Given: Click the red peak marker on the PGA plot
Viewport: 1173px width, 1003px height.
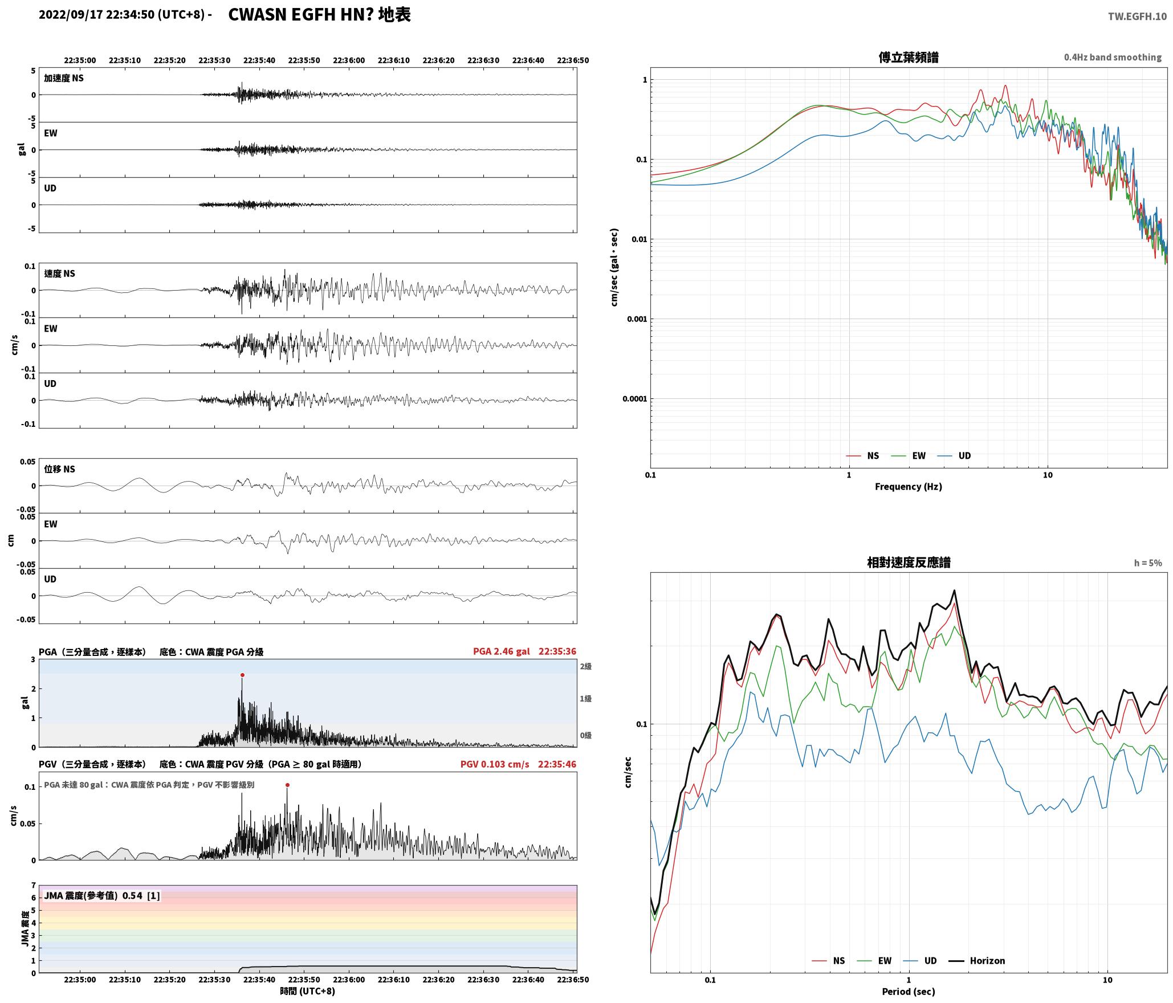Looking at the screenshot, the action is [242, 675].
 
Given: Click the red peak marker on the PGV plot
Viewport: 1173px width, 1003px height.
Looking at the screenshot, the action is [287, 785].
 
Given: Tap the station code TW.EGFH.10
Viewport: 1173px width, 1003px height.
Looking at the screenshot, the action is [1137, 17].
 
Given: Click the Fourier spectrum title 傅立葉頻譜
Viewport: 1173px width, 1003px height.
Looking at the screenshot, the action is [909, 57].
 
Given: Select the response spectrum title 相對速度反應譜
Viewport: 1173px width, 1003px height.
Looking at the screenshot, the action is [909, 562].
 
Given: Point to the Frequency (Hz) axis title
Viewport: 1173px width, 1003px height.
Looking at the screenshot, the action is [909, 486].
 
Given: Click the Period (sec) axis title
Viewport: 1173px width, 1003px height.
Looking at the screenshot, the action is [909, 991].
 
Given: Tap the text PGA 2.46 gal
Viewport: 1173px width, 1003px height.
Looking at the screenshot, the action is [502, 651].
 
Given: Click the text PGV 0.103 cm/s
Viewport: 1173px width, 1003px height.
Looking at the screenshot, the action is [495, 764].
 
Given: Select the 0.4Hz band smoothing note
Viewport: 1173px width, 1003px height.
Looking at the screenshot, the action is [1113, 57].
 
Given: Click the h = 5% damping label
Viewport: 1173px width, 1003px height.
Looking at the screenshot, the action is [1148, 563].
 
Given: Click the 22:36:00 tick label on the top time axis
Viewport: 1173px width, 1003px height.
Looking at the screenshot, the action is [349, 60].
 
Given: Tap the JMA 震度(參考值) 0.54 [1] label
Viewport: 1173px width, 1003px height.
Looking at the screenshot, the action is [102, 895].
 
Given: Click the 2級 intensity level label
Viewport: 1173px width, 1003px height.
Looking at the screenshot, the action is [585, 666].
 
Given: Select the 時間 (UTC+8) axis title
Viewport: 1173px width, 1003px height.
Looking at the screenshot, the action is [308, 991].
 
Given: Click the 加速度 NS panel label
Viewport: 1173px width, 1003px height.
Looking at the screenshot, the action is [64, 78].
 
